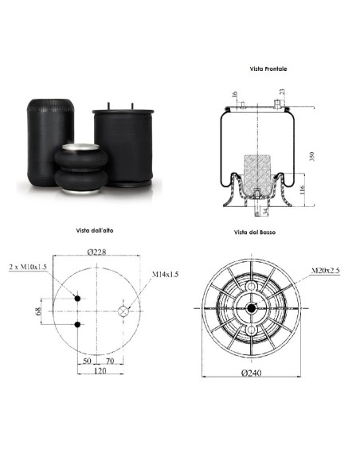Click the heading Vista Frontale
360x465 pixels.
[x=268, y=68]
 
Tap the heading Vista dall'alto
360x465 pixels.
[x=95, y=230]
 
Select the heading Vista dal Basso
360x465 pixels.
[x=254, y=232]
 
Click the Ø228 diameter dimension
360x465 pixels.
[x=96, y=252]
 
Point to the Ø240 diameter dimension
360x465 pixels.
[x=252, y=373]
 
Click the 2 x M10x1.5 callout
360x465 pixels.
[x=28, y=267]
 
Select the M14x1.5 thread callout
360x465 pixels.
[x=165, y=275]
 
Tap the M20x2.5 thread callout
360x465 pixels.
[x=325, y=271]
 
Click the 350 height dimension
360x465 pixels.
[x=311, y=156]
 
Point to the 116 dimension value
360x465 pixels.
[x=302, y=190]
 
